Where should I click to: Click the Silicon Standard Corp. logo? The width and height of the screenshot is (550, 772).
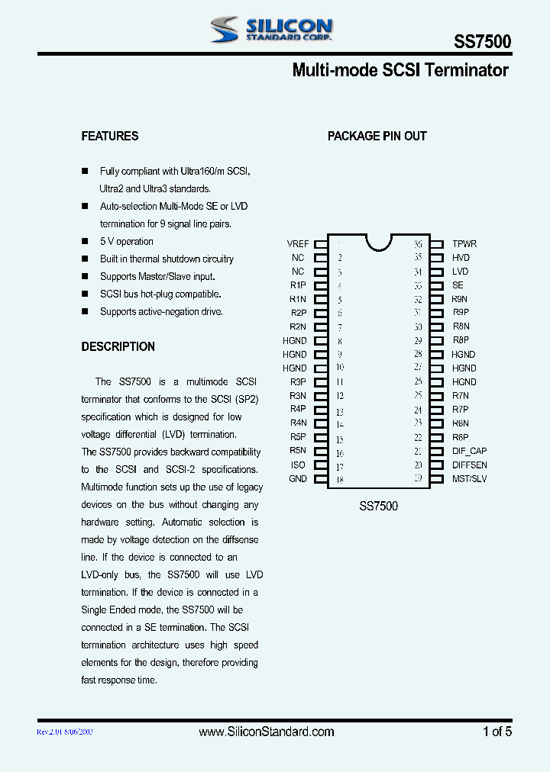tap(270, 30)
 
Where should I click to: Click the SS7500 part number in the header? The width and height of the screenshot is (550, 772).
tap(483, 42)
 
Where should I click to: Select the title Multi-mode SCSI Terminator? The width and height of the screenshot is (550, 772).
tap(400, 71)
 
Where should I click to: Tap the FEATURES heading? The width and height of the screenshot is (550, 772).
tap(110, 136)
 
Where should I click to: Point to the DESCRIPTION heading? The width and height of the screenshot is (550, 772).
tap(118, 346)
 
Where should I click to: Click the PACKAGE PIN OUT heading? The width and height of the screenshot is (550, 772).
tap(377, 136)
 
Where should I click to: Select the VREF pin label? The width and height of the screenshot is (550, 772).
tap(298, 244)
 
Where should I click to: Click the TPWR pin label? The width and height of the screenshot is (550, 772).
tap(464, 244)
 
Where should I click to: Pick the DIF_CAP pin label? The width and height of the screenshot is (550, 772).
tap(469, 451)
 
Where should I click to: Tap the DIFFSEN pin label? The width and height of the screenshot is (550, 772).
tap(469, 465)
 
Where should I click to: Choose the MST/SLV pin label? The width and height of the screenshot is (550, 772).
tap(469, 479)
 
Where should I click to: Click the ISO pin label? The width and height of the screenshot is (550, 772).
tap(298, 465)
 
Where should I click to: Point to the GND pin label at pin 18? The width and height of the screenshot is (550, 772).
tap(298, 479)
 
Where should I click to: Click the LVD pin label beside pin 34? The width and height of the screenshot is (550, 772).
tap(460, 272)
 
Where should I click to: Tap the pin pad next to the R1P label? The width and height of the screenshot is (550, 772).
tap(321, 285)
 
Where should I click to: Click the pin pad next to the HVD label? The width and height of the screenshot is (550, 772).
tap(436, 258)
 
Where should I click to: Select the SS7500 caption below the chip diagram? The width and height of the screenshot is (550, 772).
tap(378, 506)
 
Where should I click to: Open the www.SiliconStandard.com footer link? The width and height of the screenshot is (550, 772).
tap(267, 732)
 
